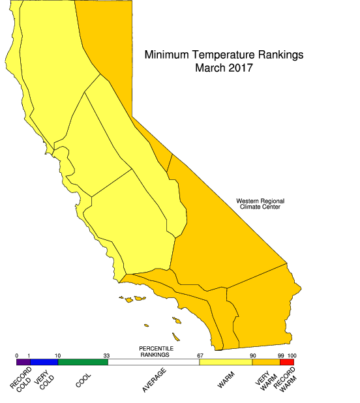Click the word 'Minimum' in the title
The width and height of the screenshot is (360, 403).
tap(168, 55)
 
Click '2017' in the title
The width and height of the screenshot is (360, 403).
tap(239, 67)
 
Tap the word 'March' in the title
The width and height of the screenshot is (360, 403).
tap(209, 67)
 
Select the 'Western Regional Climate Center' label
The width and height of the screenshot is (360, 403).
tap(260, 204)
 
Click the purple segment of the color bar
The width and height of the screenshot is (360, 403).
tap(23, 362)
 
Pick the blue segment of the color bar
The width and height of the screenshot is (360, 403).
tap(44, 362)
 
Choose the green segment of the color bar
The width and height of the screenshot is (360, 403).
tap(83, 362)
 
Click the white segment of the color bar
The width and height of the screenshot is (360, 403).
tap(154, 362)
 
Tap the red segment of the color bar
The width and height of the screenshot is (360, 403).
tap(287, 362)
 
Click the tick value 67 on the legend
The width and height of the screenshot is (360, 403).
tap(200, 355)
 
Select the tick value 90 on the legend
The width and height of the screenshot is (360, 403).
tap(252, 355)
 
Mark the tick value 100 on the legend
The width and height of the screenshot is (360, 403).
tap(292, 355)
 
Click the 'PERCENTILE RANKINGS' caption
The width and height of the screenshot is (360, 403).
tap(155, 352)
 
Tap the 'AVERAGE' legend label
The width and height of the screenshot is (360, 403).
tap(155, 380)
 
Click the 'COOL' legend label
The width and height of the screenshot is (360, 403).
tap(83, 379)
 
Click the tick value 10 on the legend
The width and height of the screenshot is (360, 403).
tap(57, 355)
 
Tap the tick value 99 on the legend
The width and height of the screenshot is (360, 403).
tap(279, 355)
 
